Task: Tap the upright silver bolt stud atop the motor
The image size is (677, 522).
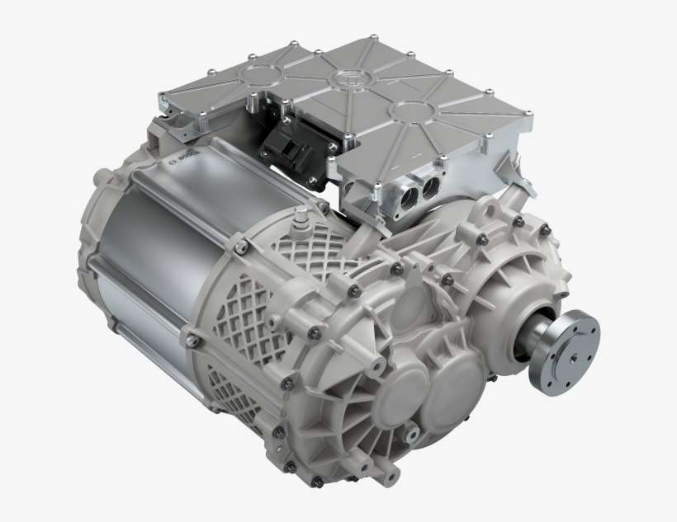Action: click(x=301, y=216)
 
